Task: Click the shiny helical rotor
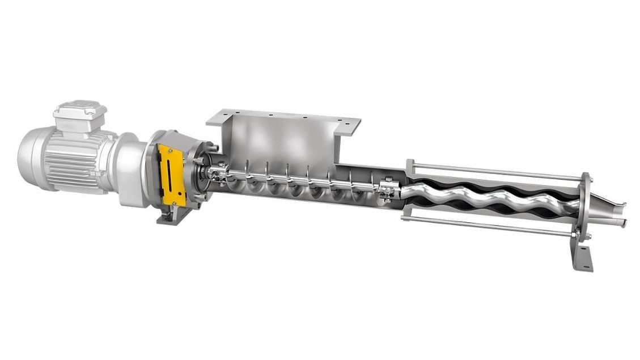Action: click(x=488, y=196)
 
